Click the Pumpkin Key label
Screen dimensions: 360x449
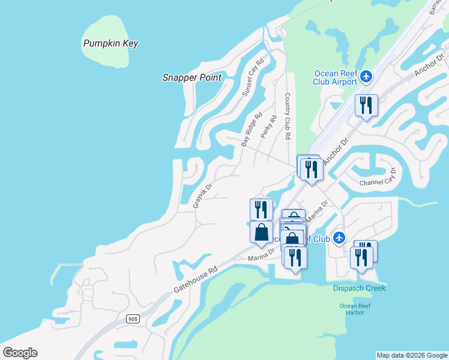click(111, 43)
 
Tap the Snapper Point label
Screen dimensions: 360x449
click(192, 77)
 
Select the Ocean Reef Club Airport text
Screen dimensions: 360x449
click(336, 78)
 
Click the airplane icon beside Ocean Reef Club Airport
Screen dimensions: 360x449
click(367, 77)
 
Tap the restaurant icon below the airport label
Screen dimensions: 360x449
click(366, 106)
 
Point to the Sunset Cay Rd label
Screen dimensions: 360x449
click(253, 78)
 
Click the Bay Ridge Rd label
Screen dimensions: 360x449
click(252, 130)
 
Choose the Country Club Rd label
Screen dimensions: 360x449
click(288, 116)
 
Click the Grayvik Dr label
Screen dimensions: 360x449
click(203, 196)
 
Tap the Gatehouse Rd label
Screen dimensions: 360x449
click(194, 280)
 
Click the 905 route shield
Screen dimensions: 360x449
click(133, 319)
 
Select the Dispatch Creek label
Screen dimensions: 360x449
click(360, 288)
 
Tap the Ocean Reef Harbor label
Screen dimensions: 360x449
click(356, 309)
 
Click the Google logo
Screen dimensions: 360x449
click(20, 353)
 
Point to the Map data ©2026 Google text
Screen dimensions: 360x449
click(412, 355)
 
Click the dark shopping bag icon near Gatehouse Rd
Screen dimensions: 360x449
click(261, 232)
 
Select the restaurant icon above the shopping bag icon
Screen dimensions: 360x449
click(261, 209)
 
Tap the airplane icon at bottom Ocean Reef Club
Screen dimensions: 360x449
click(339, 238)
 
